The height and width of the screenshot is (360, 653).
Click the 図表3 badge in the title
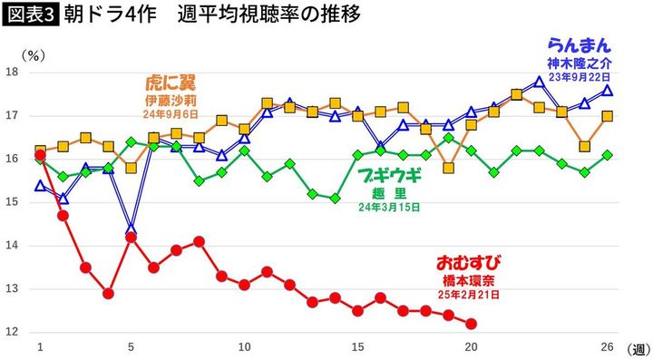[29, 15]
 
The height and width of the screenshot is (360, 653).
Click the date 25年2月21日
[469, 296]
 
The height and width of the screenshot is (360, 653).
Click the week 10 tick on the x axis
[244, 347]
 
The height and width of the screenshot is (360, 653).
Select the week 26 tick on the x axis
[607, 347]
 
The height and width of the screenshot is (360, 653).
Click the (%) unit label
[33, 54]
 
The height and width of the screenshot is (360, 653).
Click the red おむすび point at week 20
[471, 324]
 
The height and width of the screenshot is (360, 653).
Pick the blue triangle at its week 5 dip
[132, 229]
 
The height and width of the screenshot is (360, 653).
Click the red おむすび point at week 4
[108, 294]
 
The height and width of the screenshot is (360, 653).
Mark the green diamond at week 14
[335, 198]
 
